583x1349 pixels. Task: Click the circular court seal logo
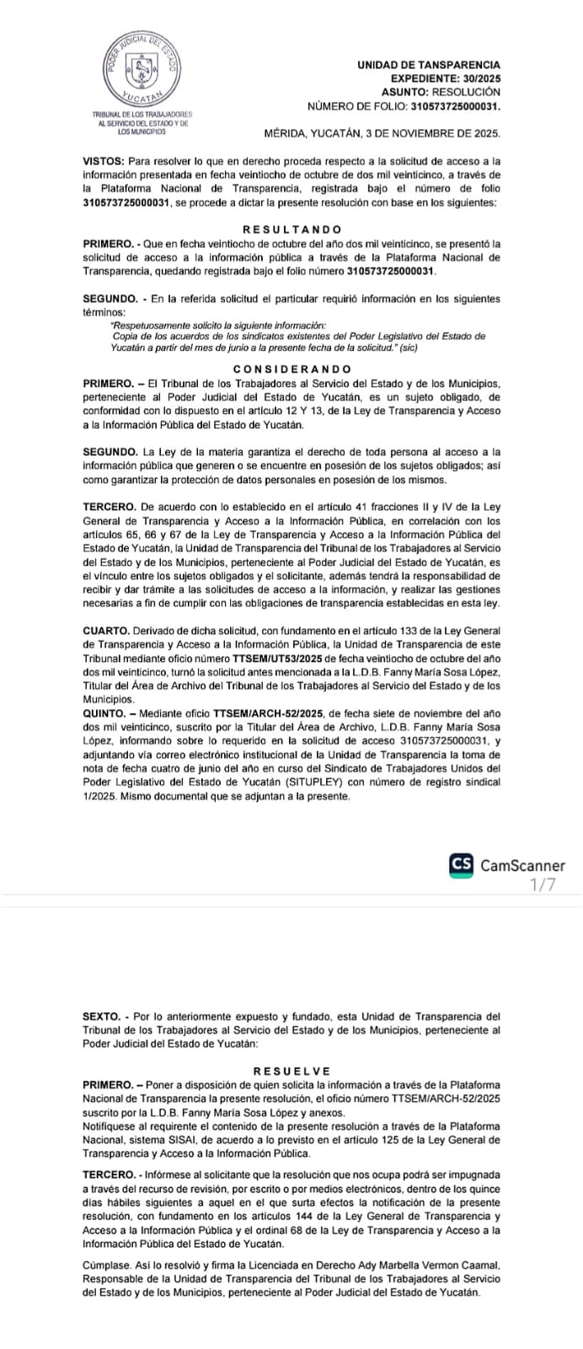[x=142, y=71]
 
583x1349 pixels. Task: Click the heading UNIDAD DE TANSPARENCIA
[x=428, y=65]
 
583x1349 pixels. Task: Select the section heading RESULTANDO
[x=291, y=229]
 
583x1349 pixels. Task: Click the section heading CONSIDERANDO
[x=291, y=369]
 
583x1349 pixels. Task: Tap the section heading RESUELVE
[x=291, y=1071]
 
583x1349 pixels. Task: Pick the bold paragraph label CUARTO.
[x=105, y=631]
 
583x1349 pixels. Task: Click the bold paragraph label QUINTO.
[x=104, y=712]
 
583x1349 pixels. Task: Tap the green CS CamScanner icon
[x=461, y=865]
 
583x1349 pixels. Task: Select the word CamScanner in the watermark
[x=522, y=865]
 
